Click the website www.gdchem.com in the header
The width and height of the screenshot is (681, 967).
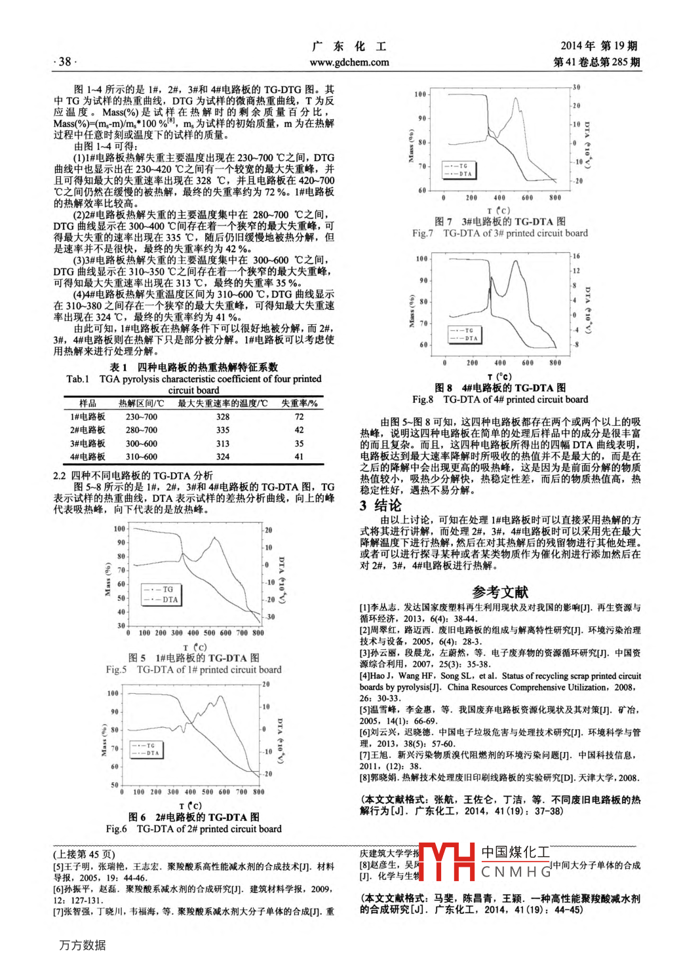349,62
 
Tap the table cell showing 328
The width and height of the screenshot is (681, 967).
223,417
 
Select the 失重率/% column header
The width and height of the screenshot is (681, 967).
299,403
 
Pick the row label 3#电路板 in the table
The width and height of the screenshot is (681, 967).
88,444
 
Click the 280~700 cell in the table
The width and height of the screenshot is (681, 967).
142,430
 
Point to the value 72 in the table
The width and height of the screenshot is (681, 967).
299,417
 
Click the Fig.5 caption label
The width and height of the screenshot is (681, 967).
116,670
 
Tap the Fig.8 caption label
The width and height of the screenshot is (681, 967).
423,399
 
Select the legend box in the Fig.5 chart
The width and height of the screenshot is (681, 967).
160,594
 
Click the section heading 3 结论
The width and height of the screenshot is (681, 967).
380,505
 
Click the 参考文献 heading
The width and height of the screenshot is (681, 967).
499,592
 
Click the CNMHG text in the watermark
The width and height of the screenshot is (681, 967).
516,872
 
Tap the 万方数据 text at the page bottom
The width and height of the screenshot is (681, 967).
83,945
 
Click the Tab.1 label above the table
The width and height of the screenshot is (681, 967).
78,379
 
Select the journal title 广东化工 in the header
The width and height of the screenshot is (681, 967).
349,47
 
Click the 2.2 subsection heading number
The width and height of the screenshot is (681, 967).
59,476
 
